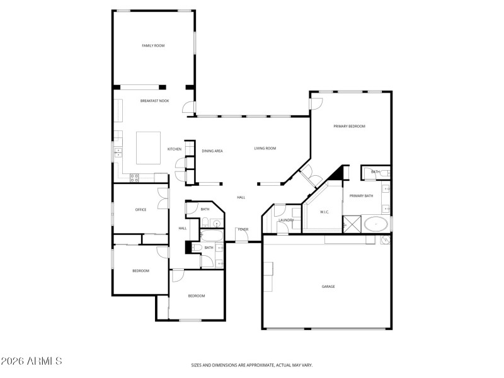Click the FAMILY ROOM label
tap(153, 45)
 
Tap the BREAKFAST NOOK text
tap(154, 101)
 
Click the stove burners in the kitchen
tap(134, 177)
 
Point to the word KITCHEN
tap(175, 149)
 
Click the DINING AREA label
tap(212, 151)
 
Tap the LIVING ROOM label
tap(265, 149)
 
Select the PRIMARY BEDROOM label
tap(349, 126)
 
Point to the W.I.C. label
tap(325, 212)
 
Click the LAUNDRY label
tap(287, 220)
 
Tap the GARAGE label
tap(328, 287)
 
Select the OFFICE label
tap(140, 210)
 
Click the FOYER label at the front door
tap(243, 229)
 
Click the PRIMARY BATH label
tap(362, 196)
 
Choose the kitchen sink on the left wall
tap(117, 151)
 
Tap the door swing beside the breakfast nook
tap(188, 108)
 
